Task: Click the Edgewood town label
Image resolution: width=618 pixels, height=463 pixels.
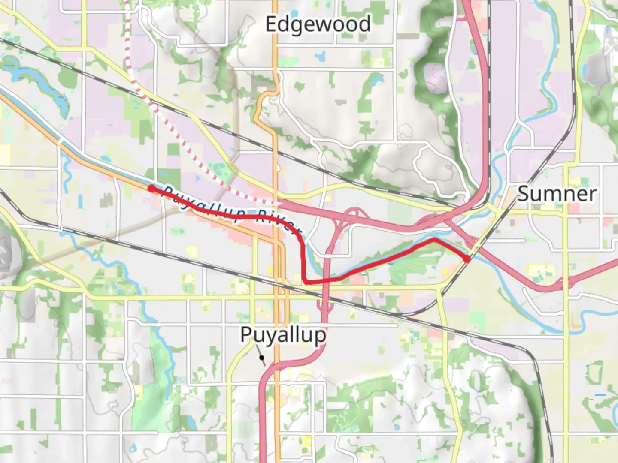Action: coord(318,24)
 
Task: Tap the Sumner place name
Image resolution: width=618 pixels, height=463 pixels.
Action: coord(557,194)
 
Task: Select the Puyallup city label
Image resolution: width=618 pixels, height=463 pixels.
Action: coord(283,335)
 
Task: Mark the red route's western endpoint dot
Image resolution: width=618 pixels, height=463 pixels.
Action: coord(151,188)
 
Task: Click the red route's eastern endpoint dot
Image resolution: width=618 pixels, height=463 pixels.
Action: coord(467,259)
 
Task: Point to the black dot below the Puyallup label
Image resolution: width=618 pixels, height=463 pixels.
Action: coord(261,357)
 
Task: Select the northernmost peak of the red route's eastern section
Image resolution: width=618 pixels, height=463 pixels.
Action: coord(433,239)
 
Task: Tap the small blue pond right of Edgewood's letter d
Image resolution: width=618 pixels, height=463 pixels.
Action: coord(320,56)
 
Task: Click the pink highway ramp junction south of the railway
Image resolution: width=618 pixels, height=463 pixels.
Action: coord(324,304)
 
